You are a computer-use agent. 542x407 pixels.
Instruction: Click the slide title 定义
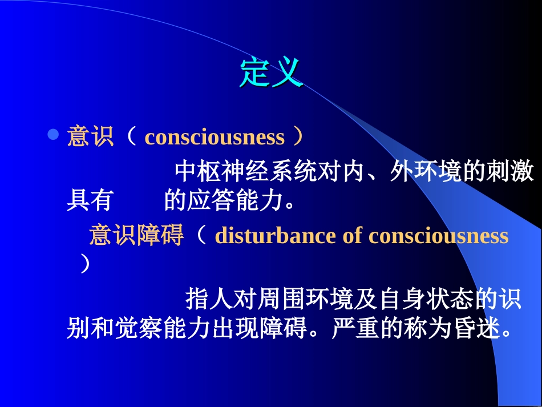270,72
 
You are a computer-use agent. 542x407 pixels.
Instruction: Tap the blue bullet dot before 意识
53,135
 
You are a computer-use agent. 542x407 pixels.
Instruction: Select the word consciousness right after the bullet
215,138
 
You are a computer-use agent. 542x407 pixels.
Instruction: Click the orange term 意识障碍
136,235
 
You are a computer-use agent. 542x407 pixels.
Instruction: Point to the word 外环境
425,171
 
